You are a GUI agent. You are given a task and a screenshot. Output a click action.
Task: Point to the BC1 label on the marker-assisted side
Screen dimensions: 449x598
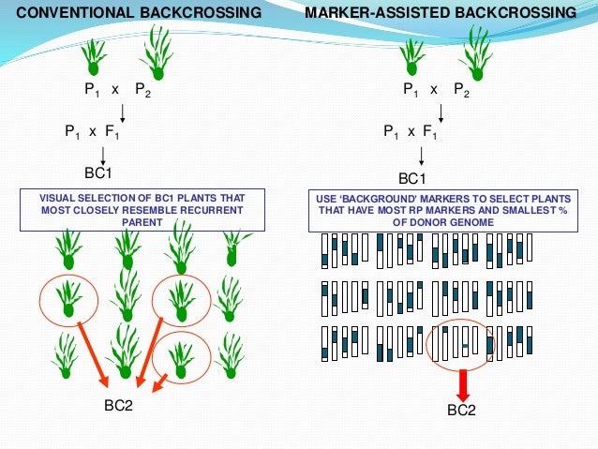413,178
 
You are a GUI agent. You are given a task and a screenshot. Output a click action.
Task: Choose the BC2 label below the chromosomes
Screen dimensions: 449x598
462,411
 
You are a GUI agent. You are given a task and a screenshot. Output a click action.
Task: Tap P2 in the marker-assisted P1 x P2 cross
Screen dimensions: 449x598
462,90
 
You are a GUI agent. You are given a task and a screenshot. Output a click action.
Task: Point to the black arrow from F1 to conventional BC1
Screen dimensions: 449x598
102,153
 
